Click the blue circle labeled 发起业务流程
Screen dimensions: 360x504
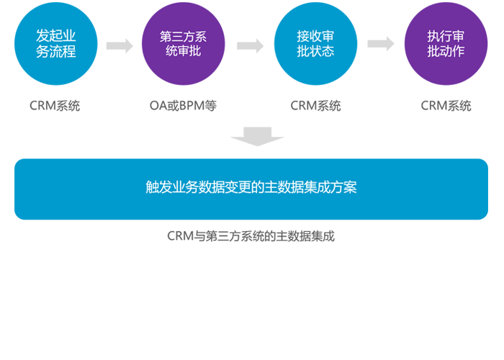pos(55,44)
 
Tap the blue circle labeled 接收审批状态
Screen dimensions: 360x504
pos(315,44)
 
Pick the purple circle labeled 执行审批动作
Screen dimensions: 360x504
pos(445,44)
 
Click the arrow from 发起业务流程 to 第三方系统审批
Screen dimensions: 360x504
pos(120,45)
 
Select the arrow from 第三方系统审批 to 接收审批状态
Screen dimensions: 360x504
pos(250,45)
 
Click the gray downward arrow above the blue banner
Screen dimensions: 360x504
pos(257,136)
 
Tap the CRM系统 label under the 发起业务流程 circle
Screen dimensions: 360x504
pos(55,106)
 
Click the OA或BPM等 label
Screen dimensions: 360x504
pos(183,106)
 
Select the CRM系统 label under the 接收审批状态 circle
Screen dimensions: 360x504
pos(315,106)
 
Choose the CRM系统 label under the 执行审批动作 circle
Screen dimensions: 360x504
pos(446,106)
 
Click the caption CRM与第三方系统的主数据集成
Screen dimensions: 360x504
pos(251,235)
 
